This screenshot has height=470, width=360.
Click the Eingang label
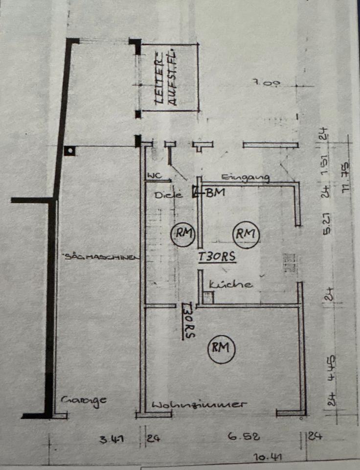[246, 178]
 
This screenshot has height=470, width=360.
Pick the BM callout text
[215, 192]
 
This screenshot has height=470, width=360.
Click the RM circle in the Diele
[182, 234]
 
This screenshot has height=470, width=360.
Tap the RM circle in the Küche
[246, 234]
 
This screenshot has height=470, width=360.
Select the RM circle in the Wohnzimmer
[221, 349]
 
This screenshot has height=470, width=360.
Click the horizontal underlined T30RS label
[217, 257]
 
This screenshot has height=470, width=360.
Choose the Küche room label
[231, 284]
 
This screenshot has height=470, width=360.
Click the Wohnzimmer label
[198, 405]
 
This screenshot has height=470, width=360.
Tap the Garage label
[84, 400]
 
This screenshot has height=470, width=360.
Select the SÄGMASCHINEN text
[101, 256]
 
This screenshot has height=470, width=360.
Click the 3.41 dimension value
[111, 439]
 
